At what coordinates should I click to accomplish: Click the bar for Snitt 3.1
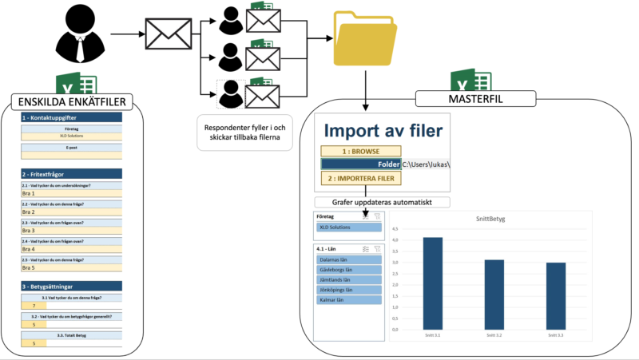432,283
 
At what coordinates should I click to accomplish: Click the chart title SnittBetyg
494,218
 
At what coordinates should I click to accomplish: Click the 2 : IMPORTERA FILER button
359,179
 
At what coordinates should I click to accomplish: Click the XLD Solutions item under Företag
348,227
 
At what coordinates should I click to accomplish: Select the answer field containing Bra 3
70,230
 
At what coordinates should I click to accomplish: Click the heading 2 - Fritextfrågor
70,174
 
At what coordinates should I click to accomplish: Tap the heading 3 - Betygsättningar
70,286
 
